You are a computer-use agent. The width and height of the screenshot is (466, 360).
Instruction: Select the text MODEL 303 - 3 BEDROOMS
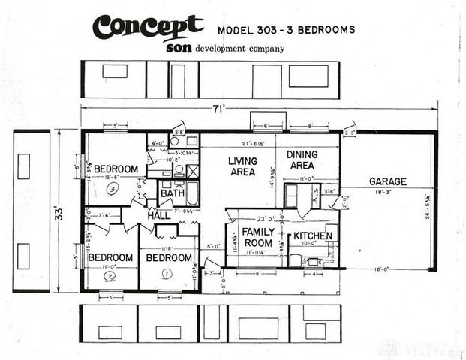point(286,31)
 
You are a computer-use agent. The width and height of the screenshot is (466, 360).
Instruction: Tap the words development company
point(240,49)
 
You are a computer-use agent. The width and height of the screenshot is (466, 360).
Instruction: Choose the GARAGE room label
point(387,181)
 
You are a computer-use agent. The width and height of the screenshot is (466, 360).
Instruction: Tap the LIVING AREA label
point(242,166)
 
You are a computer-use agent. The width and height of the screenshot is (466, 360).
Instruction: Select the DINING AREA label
point(302,160)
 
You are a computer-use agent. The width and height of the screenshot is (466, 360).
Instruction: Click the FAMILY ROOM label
point(257,237)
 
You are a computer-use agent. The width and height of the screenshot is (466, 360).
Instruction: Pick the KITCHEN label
point(312,235)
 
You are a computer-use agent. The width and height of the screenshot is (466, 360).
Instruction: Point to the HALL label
point(158,216)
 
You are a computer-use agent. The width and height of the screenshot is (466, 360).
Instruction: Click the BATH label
point(172,193)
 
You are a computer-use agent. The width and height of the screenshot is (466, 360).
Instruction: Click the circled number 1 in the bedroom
point(167,274)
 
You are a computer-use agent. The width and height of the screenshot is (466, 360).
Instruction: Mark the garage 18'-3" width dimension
point(387,192)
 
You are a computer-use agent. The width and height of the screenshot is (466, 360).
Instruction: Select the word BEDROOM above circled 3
point(116,169)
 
